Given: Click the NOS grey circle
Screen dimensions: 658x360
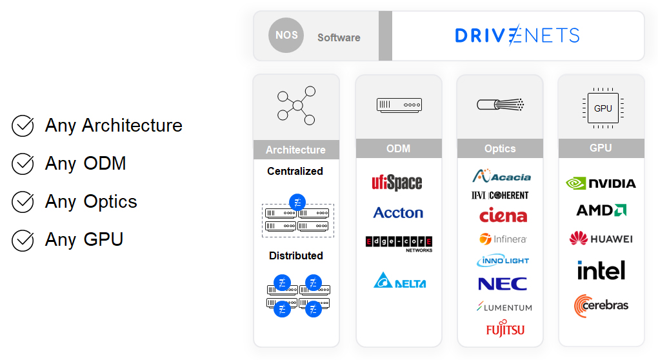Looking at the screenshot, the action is point(286,35).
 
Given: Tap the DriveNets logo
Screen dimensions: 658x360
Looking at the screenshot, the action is point(517,35).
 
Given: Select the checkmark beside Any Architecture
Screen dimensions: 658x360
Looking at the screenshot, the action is point(23,125).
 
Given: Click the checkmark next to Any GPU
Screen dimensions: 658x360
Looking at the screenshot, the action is point(23,240).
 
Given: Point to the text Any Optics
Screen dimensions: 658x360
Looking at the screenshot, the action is point(91,202).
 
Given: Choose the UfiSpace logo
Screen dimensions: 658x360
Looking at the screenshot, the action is point(397,183).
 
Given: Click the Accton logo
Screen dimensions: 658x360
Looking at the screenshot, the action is point(398,213).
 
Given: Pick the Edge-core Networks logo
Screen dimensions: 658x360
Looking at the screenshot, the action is point(399,244).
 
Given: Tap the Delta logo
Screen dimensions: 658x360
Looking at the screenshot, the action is point(400,280).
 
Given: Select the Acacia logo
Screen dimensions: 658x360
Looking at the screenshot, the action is point(501,175).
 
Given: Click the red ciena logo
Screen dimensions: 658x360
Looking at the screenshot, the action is point(503,215).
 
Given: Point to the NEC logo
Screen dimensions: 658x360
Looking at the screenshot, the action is point(503,284).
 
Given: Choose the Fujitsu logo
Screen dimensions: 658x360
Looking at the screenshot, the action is point(505,328).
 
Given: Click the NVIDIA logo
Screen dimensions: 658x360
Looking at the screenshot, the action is point(601,183).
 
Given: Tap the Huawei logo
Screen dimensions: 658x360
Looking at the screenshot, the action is point(601,238).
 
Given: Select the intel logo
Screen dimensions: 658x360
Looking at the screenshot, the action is point(601,270).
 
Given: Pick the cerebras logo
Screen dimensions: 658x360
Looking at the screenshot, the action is point(601,305).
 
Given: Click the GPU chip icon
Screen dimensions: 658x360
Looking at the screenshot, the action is point(603,108).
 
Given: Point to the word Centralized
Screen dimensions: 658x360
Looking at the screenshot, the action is point(295,171).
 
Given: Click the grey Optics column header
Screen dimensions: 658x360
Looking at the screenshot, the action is point(500,148).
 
